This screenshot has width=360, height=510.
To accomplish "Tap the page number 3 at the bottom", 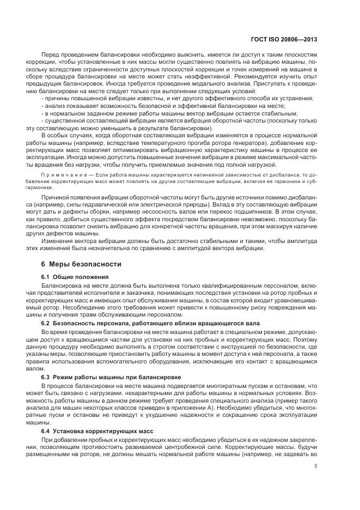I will click(316, 465).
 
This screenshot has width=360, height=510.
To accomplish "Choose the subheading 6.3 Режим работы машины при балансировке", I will click(104, 377).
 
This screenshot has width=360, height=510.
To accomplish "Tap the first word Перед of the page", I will click(51, 56).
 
